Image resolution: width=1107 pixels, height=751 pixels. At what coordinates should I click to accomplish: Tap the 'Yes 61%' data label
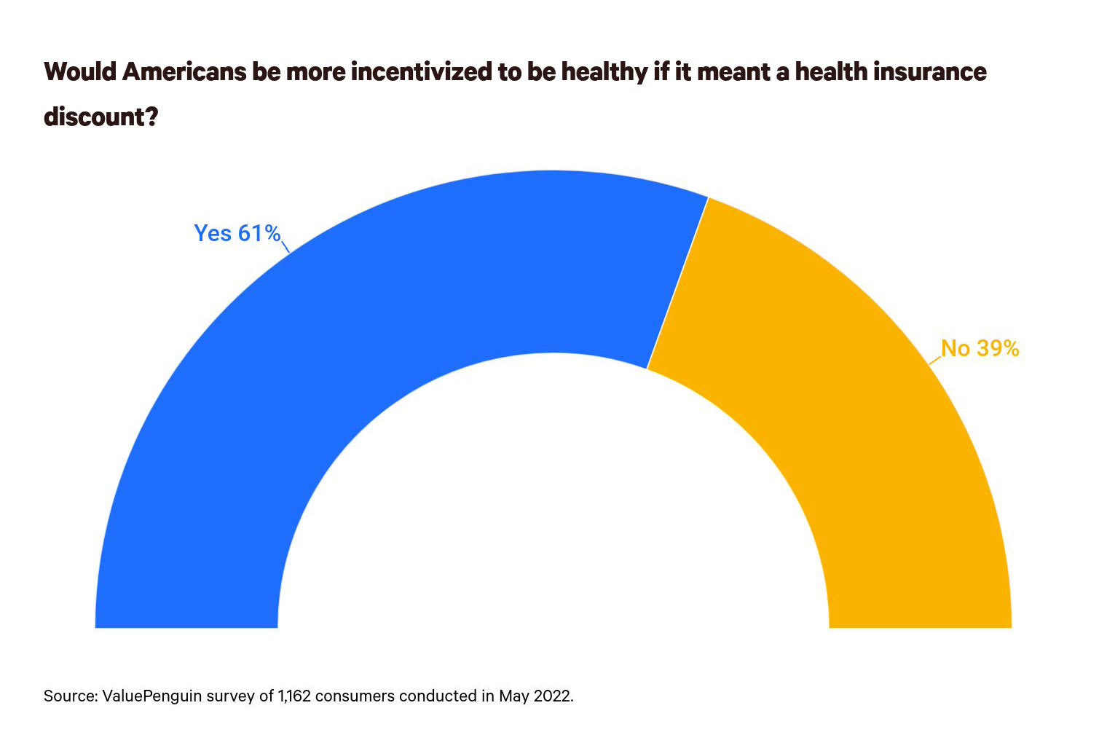pyautogui.click(x=237, y=233)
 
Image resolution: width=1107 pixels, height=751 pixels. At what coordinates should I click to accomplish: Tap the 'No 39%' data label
pyautogui.click(x=980, y=349)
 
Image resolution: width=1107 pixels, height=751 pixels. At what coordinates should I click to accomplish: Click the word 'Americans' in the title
pyautogui.click(x=185, y=72)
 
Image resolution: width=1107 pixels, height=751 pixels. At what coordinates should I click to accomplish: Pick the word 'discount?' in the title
pyautogui.click(x=101, y=117)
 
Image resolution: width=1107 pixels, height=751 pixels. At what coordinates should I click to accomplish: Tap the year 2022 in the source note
pyautogui.click(x=553, y=696)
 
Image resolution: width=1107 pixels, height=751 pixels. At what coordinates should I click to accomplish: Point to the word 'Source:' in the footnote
pyautogui.click(x=70, y=696)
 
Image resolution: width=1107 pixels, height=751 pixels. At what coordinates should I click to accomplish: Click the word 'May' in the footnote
pyautogui.click(x=514, y=696)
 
